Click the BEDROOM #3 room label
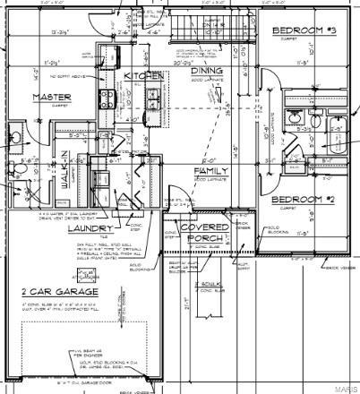tap(304, 30)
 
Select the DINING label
tap(206, 71)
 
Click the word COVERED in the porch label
tap(205, 227)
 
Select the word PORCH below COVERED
tap(205, 238)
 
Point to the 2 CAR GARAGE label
tap(60, 292)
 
